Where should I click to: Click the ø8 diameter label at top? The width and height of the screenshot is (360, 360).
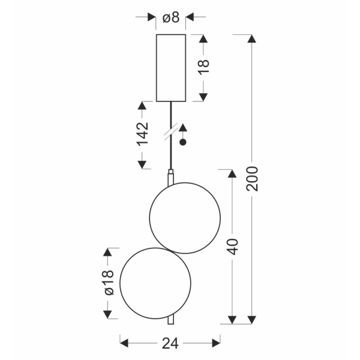point(171,17)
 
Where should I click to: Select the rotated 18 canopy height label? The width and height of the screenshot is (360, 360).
point(204,67)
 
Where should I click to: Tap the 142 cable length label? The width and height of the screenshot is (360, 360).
point(143,134)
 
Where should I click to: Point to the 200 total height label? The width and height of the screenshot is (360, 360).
point(252,179)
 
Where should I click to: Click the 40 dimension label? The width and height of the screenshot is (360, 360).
point(233,247)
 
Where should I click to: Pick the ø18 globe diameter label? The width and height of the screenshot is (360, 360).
point(109,283)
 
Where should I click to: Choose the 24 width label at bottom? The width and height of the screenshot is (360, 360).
point(170,343)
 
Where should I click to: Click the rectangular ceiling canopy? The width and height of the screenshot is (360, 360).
point(171,68)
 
